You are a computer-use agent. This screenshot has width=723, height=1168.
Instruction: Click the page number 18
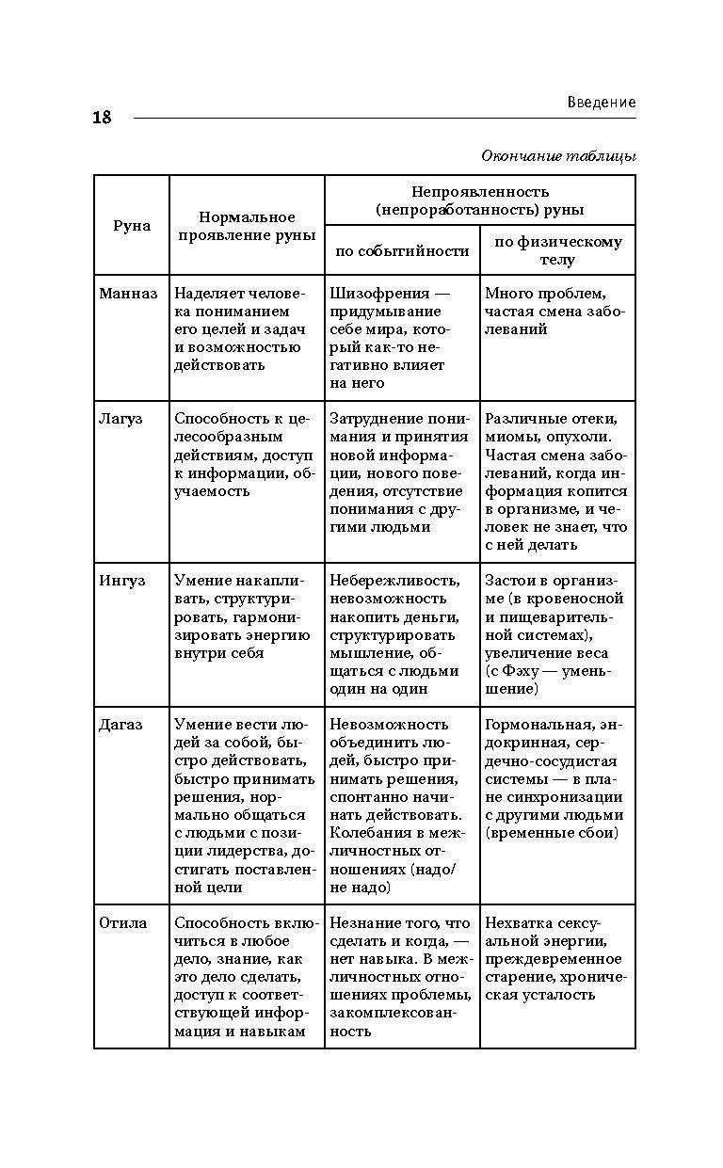tap(102, 118)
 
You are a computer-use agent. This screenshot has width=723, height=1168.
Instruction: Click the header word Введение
tap(602, 102)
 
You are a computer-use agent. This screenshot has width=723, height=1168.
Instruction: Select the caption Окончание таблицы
tap(558, 155)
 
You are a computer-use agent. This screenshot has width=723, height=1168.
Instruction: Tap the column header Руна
tap(132, 226)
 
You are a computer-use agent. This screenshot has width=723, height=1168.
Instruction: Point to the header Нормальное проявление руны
tap(247, 226)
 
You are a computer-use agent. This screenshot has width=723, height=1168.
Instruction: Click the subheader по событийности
tap(402, 250)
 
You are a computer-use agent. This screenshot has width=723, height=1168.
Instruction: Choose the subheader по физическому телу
tap(557, 250)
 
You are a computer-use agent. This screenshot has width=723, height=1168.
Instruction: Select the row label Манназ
tap(128, 294)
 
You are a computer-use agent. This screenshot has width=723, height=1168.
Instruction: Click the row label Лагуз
tap(120, 419)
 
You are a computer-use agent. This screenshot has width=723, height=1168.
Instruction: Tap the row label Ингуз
tap(122, 581)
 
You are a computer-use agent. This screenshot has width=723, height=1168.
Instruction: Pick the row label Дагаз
tap(120, 725)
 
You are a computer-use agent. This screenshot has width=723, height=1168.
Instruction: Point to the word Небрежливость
tap(394, 581)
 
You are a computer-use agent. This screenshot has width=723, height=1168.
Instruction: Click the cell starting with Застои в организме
tap(554, 634)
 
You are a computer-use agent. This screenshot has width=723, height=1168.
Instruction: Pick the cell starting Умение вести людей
tap(245, 806)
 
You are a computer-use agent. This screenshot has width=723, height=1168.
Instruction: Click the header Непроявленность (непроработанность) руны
tap(479, 200)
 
